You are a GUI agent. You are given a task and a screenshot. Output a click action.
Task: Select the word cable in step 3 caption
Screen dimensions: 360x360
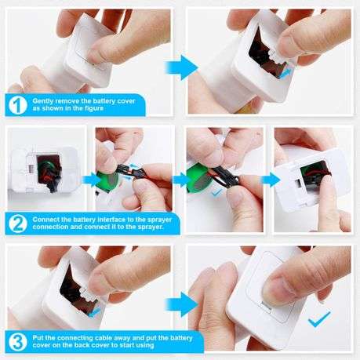pos(104,336)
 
